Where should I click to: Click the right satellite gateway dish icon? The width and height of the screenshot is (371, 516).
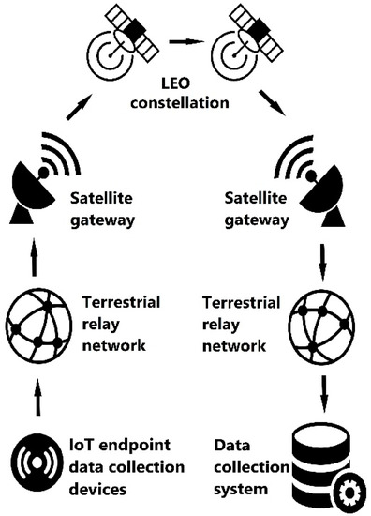pos(313,189)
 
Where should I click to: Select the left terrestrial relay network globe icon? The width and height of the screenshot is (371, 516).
pos(36,324)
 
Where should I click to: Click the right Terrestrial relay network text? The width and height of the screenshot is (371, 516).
pos(245,323)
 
